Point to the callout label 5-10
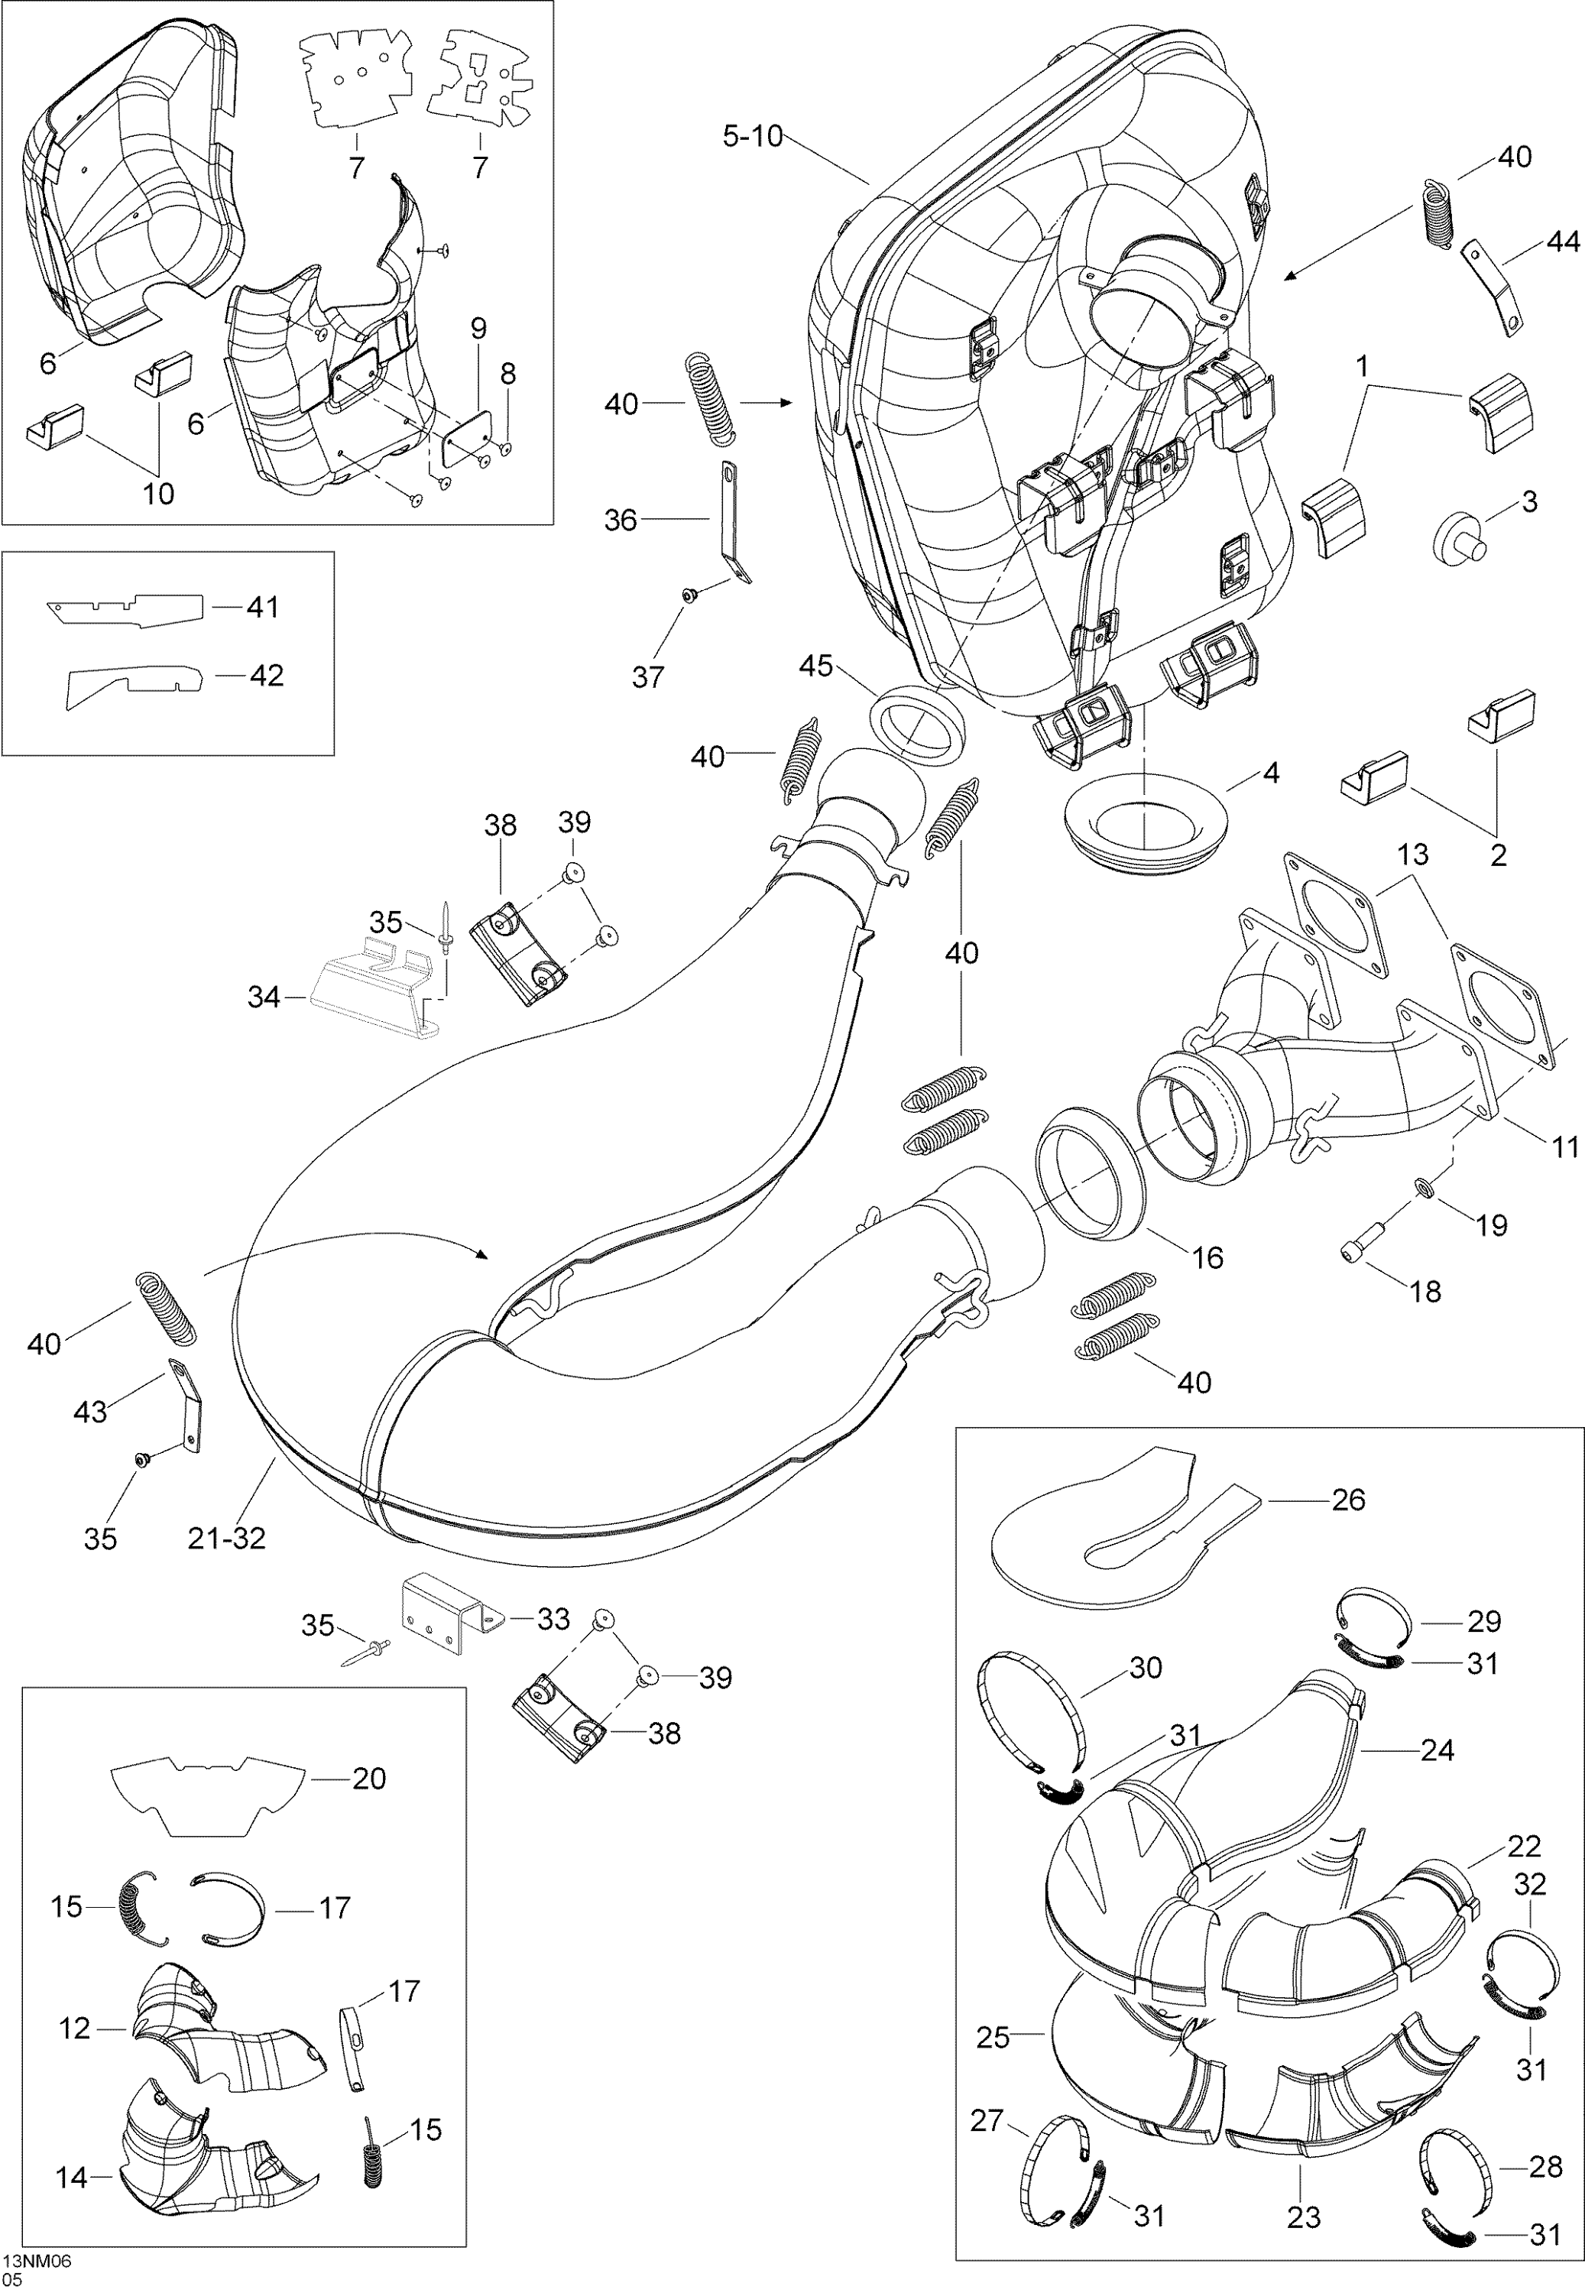[x=753, y=136]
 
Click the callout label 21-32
[x=226, y=1539]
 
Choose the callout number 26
[x=1347, y=1500]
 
